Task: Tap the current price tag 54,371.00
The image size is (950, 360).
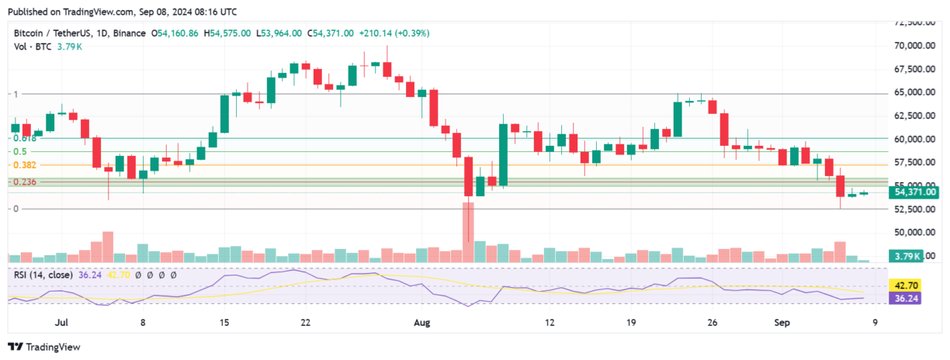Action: point(916,192)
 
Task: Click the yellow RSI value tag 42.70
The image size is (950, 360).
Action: point(904,286)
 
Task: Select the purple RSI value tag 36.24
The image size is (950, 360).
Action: point(904,297)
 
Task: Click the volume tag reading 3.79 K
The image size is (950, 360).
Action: point(906,256)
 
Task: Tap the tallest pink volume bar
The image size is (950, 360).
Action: point(468,233)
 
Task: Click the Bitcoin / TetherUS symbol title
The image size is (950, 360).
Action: point(57,33)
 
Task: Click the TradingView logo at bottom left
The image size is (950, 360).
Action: point(45,347)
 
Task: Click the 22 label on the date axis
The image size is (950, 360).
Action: point(306,321)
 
